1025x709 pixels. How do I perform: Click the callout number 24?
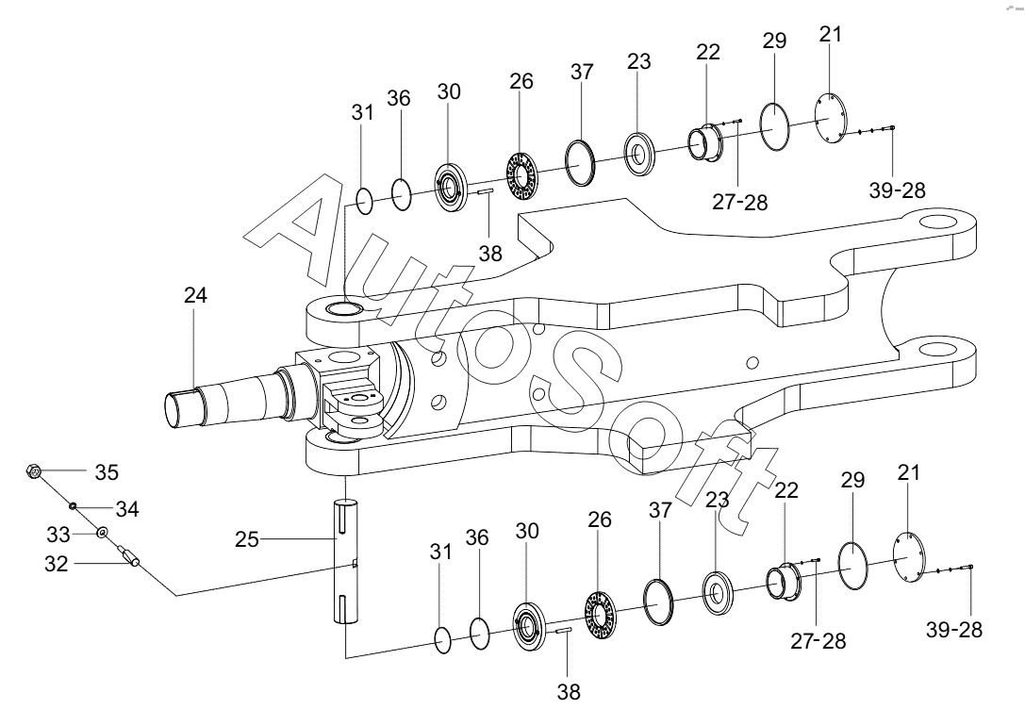click(195, 295)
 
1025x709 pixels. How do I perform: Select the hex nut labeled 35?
click(34, 470)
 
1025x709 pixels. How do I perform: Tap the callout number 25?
click(247, 539)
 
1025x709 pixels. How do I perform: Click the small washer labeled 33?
click(102, 533)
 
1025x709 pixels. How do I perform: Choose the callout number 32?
click(57, 563)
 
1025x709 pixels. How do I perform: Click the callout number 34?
click(127, 509)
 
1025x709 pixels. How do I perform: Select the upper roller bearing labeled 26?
click(522, 175)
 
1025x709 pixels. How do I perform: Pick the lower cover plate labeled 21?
click(910, 558)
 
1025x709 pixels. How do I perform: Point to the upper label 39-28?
click(898, 190)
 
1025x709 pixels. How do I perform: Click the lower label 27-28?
click(818, 641)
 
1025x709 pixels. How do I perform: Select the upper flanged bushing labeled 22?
click(705, 142)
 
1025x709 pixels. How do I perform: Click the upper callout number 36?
click(399, 98)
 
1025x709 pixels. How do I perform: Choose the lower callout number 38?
click(569, 691)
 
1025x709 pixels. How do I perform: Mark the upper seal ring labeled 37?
click(581, 162)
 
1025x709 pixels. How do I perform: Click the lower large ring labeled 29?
click(853, 566)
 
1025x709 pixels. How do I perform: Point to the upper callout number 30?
click(449, 91)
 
